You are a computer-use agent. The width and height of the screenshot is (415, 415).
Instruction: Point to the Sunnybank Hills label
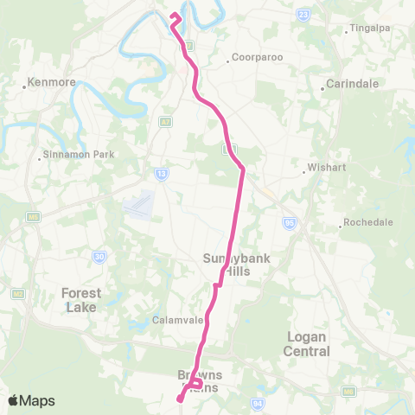click(x=227, y=264)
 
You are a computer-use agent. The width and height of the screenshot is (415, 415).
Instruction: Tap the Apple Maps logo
click(x=31, y=400)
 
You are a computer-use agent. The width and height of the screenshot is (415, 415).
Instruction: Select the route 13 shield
click(x=162, y=174)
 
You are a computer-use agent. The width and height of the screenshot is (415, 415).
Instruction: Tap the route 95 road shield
click(x=288, y=224)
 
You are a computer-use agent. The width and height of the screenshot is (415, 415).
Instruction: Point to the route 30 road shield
click(x=100, y=257)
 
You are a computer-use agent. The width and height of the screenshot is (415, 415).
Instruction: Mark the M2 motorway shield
click(x=17, y=295)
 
